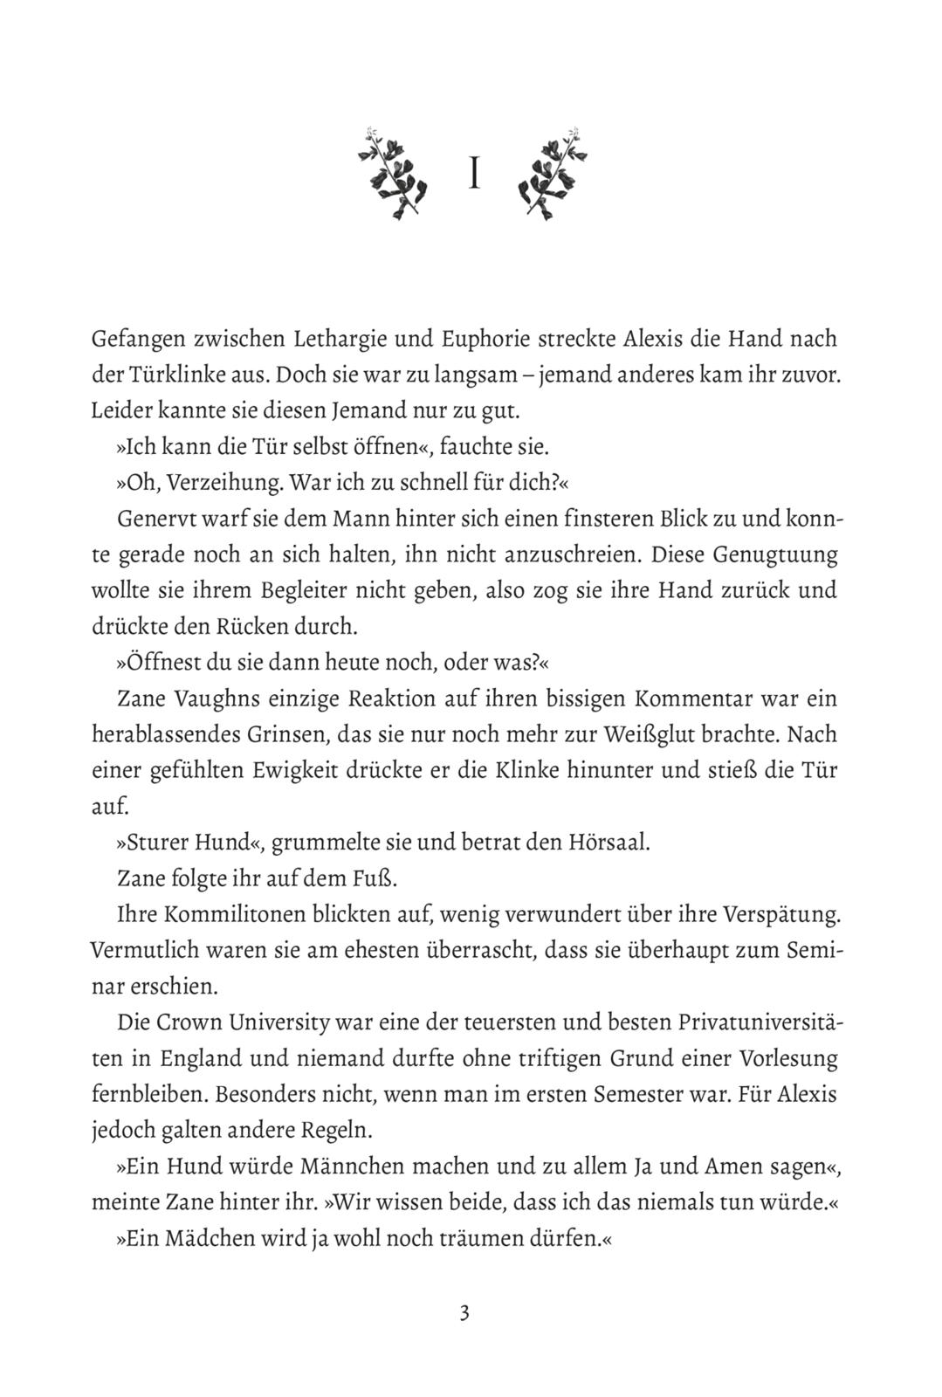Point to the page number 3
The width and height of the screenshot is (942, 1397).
(x=464, y=1312)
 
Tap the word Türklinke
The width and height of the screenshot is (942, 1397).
(x=165, y=375)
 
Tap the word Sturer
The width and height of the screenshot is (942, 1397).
(x=162, y=843)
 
